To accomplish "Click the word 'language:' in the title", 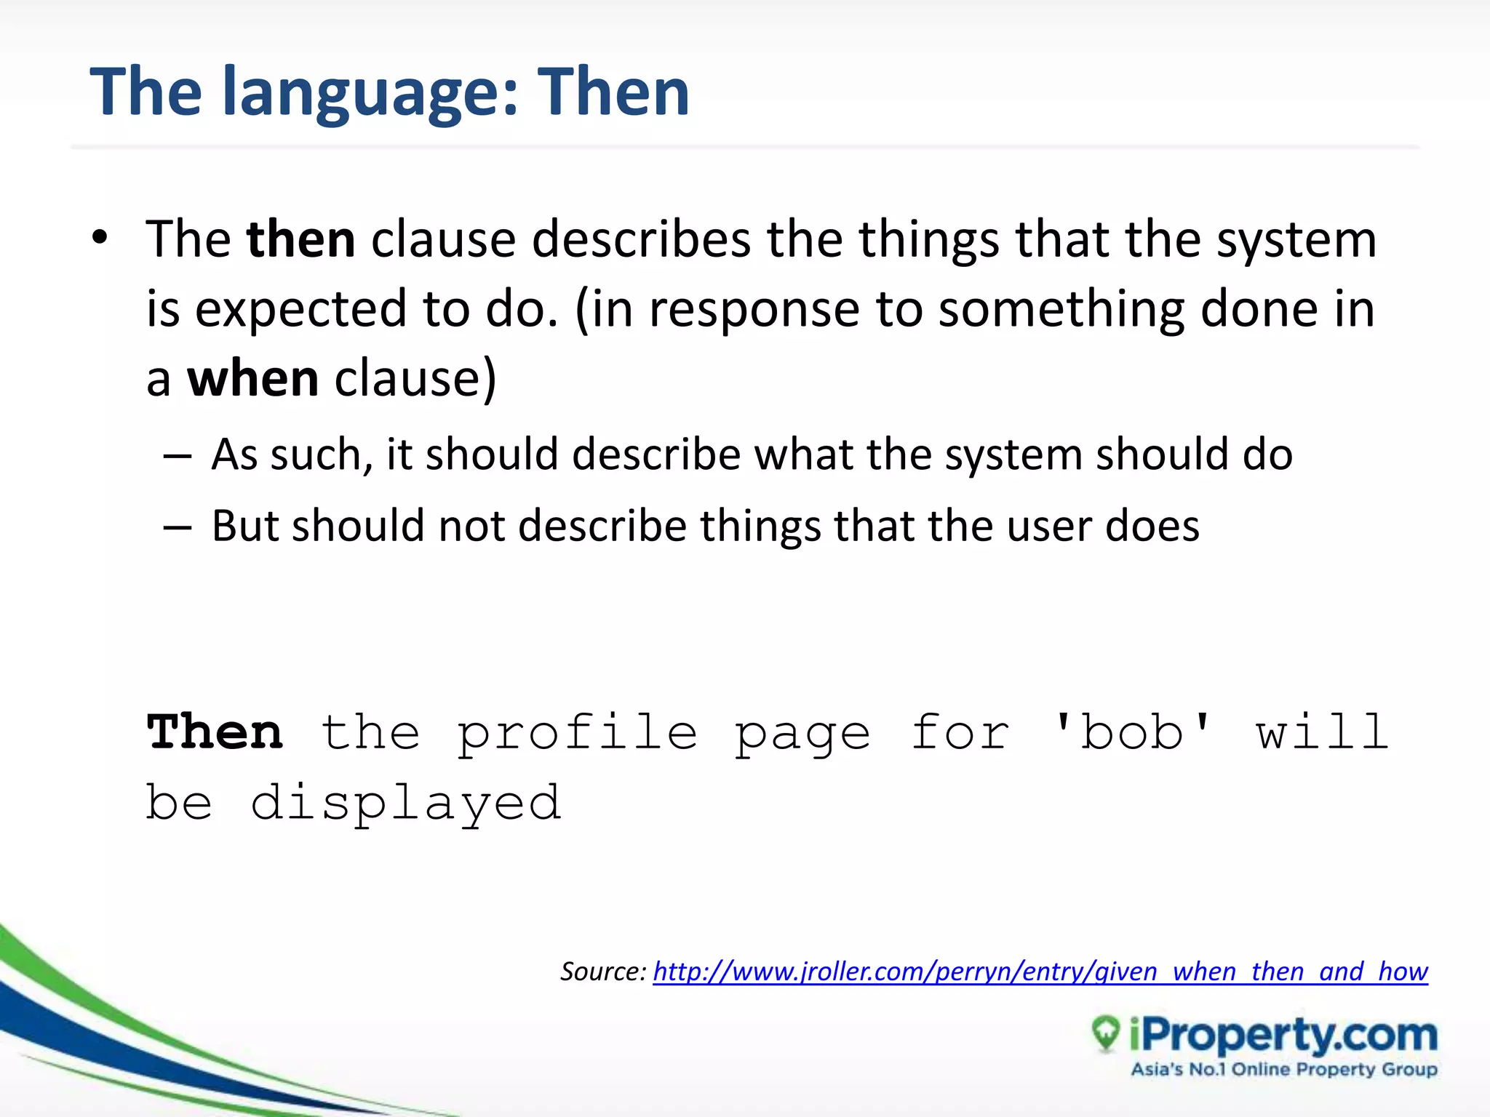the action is tap(370, 93).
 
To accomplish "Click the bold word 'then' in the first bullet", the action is tap(300, 239).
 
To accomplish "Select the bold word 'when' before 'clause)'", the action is tap(252, 379).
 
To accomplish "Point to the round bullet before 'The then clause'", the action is tap(100, 238).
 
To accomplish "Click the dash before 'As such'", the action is tap(178, 457).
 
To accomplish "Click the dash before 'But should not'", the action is tap(178, 527).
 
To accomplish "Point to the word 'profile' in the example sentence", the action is tap(577, 733).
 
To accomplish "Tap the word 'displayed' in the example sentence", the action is tap(406, 804).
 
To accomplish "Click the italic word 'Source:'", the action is tap(602, 972).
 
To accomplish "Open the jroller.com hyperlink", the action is tap(1040, 972).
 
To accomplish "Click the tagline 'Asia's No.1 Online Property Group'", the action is tap(1283, 1070).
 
